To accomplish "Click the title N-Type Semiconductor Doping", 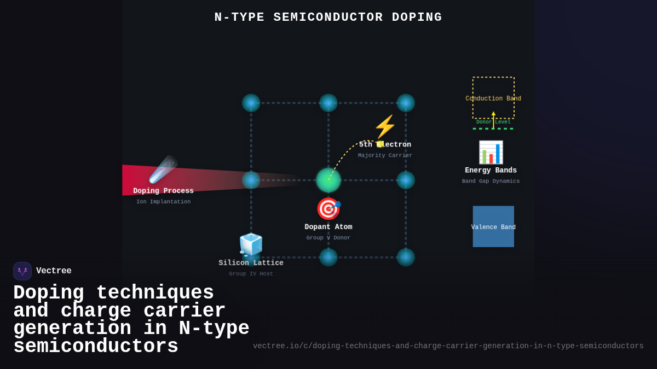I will tap(328, 17).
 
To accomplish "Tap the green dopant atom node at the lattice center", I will tap(328, 180).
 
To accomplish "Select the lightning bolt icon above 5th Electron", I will tap(385, 127).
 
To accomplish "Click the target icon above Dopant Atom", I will tap(328, 209).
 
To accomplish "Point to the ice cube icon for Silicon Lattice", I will tap(251, 244).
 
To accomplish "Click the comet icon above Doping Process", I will tap(163, 169).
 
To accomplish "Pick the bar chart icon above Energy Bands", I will tap(491, 153).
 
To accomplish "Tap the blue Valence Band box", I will tap(493, 226).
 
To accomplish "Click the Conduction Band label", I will tap(493, 99).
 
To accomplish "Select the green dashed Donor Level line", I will tap(493, 128).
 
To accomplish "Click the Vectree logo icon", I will tap(22, 271).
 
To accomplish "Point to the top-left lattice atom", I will tap(251, 103).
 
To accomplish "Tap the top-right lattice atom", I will tap(406, 103).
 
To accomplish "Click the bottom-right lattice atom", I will tap(406, 257).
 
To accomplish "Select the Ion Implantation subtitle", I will tap(163, 202).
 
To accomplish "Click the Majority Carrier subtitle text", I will tap(385, 155).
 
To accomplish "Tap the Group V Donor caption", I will tap(328, 238).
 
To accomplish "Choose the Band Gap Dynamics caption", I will tap(491, 181).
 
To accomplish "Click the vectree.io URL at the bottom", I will tap(448, 346).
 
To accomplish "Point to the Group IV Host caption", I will tap(251, 274).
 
